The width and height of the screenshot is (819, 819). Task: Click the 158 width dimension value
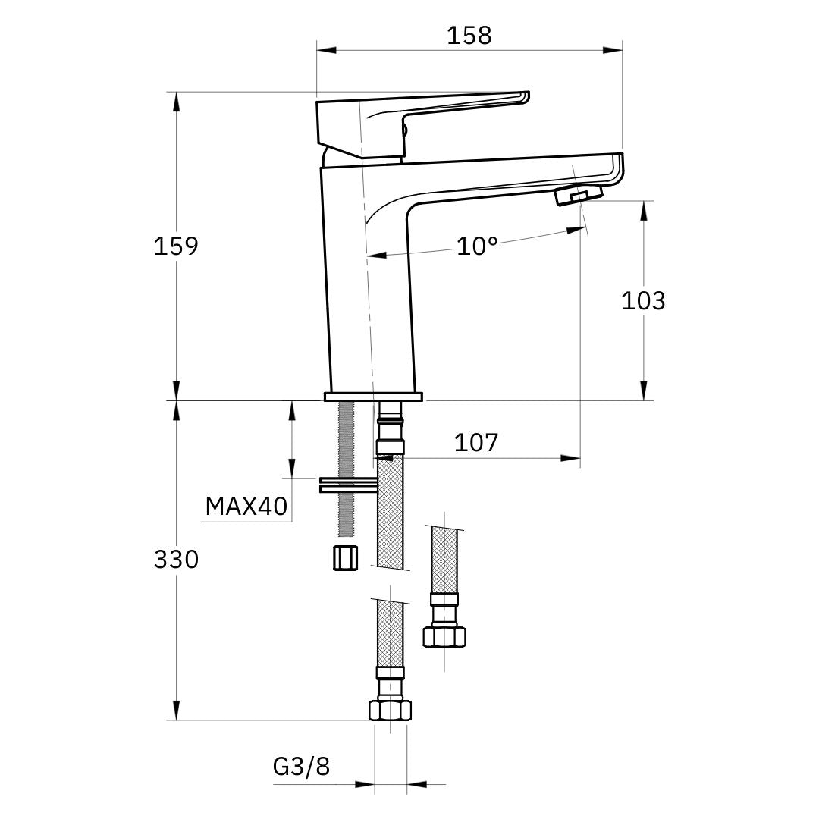469,35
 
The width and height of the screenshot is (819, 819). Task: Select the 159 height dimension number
175,246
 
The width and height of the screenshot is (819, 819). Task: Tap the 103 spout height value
643,300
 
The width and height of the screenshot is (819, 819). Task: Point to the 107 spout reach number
476,442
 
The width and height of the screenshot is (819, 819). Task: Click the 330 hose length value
175,560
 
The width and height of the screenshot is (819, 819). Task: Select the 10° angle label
477,246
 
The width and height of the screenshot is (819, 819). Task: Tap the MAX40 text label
247,506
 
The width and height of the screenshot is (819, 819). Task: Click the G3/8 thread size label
301,767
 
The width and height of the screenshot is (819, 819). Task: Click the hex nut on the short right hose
444,635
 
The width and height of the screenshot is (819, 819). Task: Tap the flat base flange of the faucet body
373,397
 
